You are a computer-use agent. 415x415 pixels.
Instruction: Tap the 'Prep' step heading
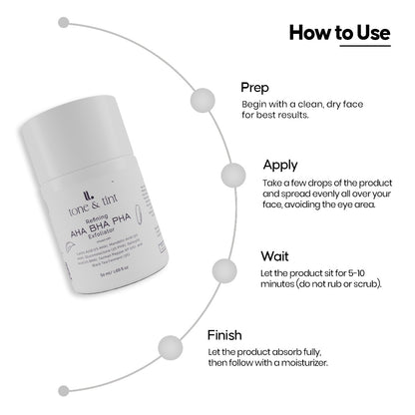[257, 86]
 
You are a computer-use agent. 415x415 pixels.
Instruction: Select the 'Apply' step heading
[281, 165]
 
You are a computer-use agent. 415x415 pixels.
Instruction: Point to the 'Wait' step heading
[274, 255]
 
